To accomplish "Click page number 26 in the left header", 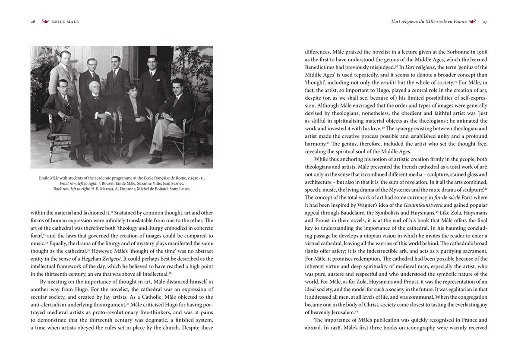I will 33,22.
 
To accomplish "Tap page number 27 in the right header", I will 485,22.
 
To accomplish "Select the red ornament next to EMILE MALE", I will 45,22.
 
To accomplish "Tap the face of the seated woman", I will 130,91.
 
